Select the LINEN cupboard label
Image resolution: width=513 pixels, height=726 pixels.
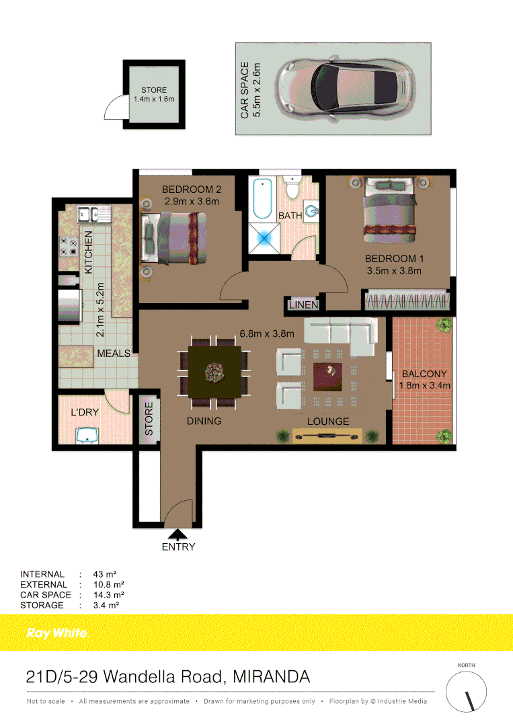pyautogui.click(x=303, y=305)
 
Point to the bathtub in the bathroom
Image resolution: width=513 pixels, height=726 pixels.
pyautogui.click(x=262, y=199)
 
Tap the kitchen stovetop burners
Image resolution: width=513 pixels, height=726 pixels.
pyautogui.click(x=68, y=246)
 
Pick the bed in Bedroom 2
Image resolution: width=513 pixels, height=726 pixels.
pyautogui.click(x=172, y=239)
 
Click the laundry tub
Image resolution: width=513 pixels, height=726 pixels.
pyautogui.click(x=88, y=436)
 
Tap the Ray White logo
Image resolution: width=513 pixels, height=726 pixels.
pyautogui.click(x=56, y=633)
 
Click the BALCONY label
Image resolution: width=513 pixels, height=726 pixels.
pyautogui.click(x=424, y=374)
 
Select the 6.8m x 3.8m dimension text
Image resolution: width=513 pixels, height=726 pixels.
pyautogui.click(x=268, y=332)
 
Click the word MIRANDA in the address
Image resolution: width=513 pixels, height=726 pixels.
pyautogui.click(x=272, y=676)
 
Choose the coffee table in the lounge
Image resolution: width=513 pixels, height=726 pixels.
pyautogui.click(x=328, y=376)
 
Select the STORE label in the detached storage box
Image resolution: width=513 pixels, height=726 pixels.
pyautogui.click(x=154, y=90)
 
